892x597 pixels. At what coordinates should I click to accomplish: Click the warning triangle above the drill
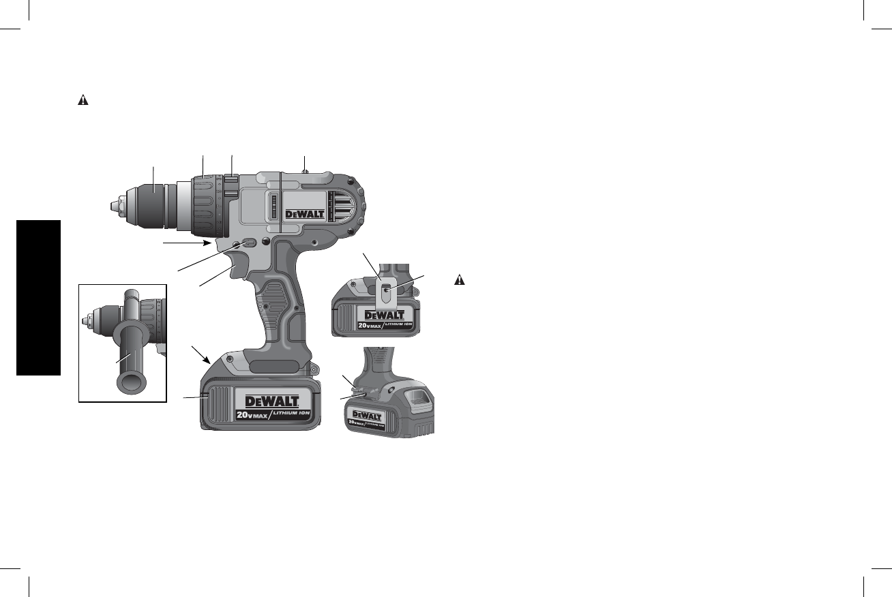tap(83, 99)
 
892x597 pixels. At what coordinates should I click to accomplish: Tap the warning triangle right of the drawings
tap(460, 280)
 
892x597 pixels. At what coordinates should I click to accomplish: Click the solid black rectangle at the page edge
tap(39, 298)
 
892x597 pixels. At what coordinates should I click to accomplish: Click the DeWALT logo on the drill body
tap(305, 215)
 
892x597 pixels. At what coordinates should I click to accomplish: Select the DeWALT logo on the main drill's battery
tap(272, 401)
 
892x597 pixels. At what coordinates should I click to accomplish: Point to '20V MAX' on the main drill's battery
tap(252, 415)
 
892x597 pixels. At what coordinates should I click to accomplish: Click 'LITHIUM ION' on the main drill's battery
tap(291, 413)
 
